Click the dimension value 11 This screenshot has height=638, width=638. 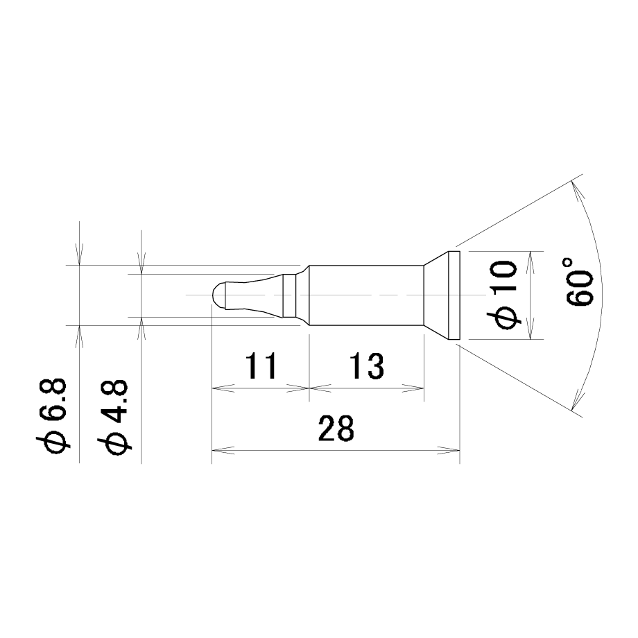tap(261, 365)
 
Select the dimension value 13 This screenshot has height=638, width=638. tap(366, 365)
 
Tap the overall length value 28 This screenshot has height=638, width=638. tap(336, 428)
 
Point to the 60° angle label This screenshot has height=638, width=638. tap(580, 281)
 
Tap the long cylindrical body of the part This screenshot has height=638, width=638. tap(366, 295)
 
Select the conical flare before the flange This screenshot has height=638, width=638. tap(436, 295)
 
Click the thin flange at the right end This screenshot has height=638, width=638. tap(454, 295)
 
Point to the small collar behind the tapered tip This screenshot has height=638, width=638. tap(289, 295)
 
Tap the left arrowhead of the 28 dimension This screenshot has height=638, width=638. tap(223, 451)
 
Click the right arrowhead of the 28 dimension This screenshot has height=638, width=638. tap(449, 451)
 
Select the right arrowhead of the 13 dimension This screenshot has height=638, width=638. tap(413, 388)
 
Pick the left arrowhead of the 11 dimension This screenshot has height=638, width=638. tap(223, 388)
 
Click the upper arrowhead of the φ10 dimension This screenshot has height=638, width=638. tap(529, 262)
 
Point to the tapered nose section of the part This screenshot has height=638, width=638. tap(255, 295)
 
